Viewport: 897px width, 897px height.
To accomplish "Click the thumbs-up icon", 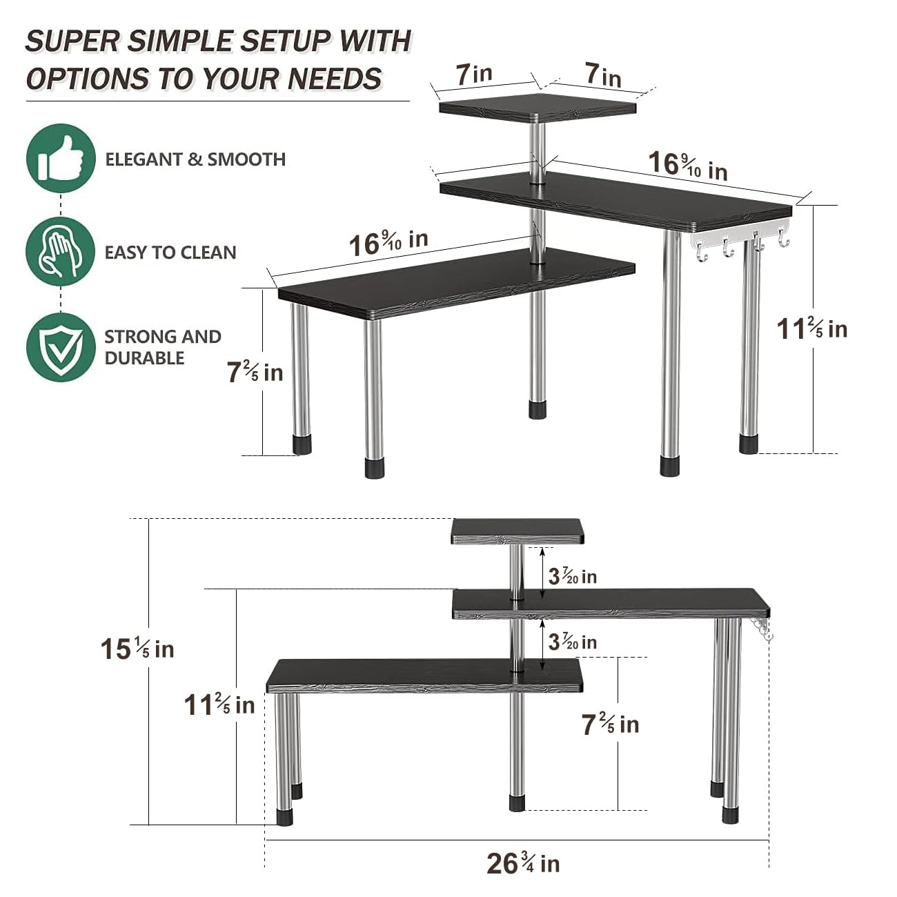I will point(61,158).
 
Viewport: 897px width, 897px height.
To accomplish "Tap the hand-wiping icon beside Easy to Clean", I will point(61,251).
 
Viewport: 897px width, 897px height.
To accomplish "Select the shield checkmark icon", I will point(61,347).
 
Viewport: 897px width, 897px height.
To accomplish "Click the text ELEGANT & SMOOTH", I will point(195,159).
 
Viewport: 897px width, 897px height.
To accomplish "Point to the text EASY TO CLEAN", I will point(170,253).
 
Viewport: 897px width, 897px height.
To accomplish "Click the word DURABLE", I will point(144,358).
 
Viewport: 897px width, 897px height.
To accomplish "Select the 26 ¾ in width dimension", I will point(523,863).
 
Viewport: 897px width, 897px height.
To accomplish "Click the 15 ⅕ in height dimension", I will point(137,649).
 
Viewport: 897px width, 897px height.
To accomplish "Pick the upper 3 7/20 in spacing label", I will point(573,575).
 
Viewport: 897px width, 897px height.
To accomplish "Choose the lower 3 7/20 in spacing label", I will point(573,642).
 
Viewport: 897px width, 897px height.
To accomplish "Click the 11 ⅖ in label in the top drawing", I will point(812,328).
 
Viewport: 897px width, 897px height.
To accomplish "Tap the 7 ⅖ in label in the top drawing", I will point(255,373).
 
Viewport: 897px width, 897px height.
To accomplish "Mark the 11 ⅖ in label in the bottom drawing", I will point(219,705).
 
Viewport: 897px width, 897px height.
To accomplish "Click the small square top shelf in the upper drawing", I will point(537,107).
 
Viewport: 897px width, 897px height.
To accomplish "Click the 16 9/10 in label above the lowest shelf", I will point(388,243).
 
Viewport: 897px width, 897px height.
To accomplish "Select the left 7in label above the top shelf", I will point(474,74).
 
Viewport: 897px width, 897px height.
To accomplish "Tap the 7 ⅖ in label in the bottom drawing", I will point(610,724).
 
